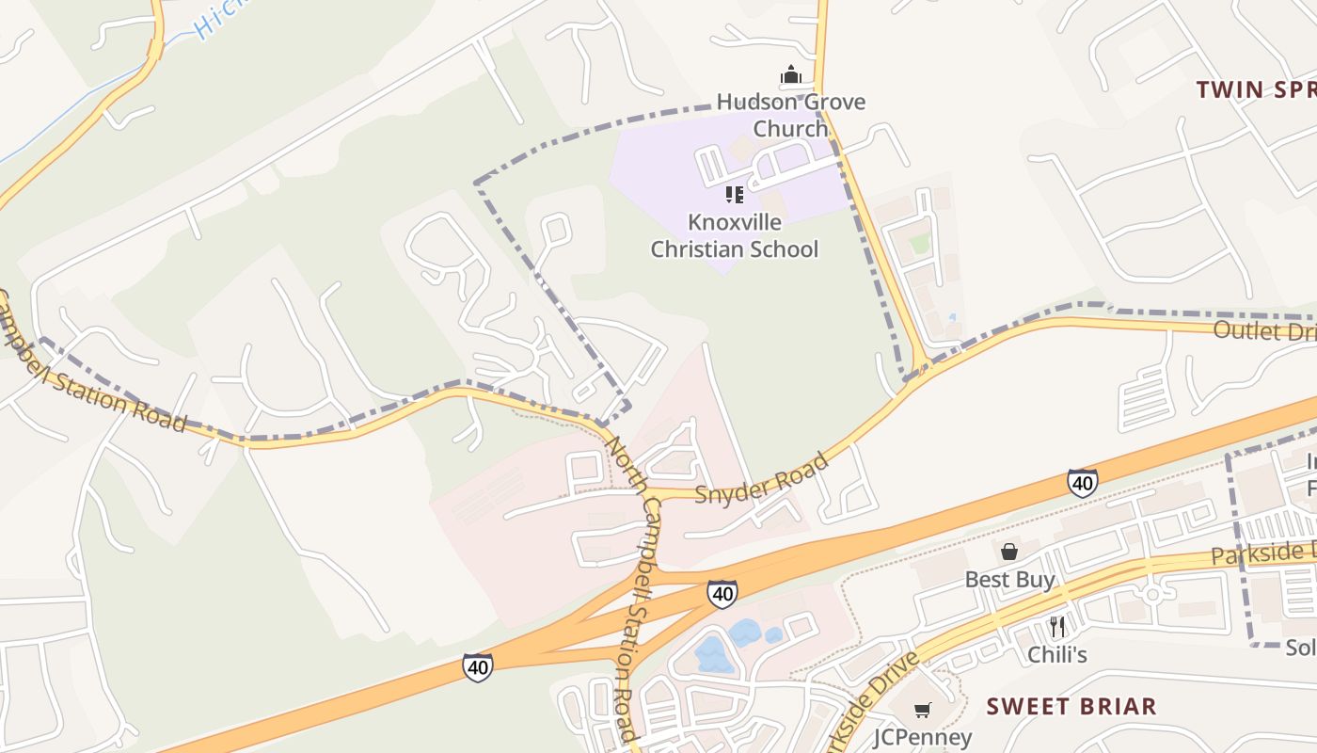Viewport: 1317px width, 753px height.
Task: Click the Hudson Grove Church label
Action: (790, 115)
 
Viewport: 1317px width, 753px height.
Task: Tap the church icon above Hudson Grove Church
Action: (790, 75)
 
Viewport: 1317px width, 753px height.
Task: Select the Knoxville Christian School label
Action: (735, 235)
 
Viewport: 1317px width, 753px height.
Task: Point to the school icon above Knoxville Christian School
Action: (735, 195)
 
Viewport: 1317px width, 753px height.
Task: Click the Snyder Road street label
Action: (762, 478)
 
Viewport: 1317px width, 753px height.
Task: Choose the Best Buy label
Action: (1009, 579)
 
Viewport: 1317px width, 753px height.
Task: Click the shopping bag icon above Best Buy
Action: (1009, 552)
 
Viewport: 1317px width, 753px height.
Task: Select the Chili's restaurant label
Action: (1056, 654)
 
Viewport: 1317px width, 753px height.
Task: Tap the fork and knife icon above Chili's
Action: (1057, 627)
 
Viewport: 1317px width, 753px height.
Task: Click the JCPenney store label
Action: (922, 736)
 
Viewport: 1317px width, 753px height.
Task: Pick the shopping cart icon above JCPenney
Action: (923, 710)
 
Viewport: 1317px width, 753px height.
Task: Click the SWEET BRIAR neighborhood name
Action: (1071, 706)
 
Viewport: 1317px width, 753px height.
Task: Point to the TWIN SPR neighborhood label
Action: (1255, 89)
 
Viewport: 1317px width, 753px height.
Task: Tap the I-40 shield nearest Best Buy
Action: (1082, 483)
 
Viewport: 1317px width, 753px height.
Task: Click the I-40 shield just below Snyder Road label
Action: (722, 594)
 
